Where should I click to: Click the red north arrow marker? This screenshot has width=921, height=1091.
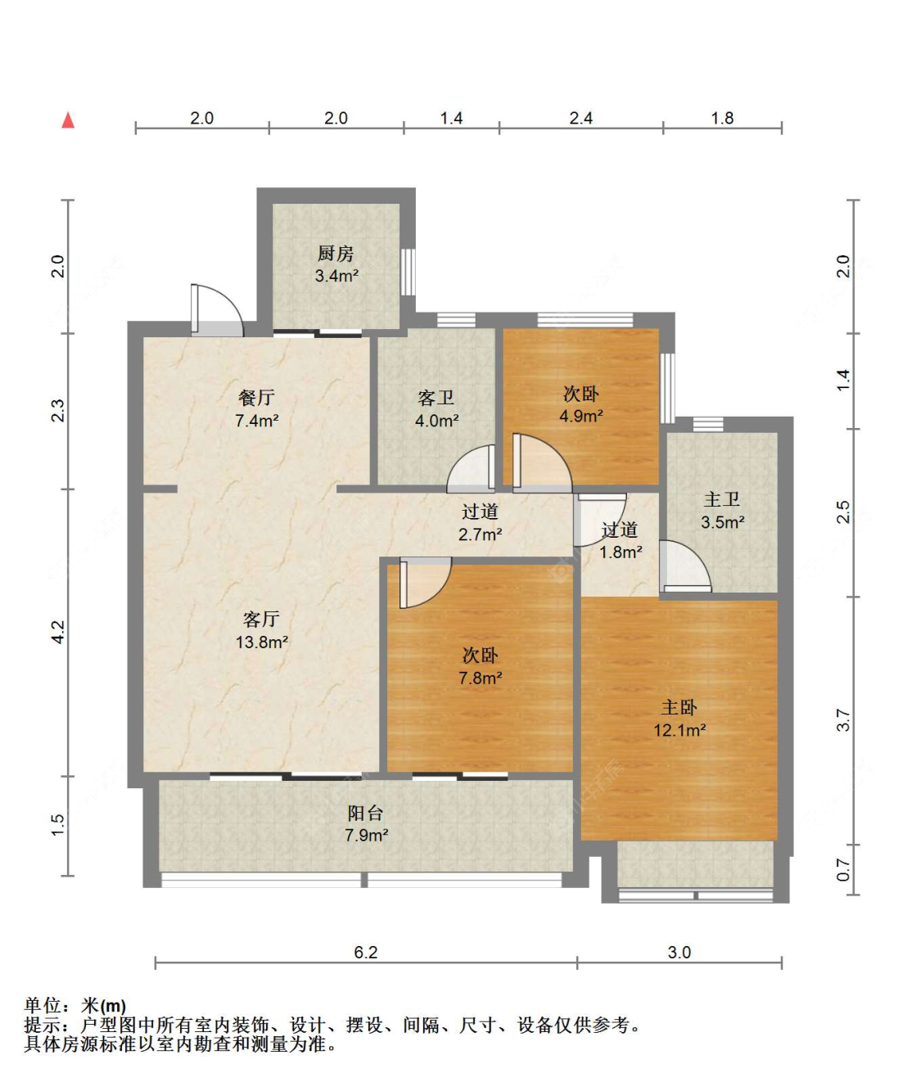click(x=68, y=119)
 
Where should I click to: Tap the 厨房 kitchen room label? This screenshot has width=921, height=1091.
click(x=336, y=254)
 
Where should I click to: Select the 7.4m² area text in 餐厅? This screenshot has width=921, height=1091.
click(x=256, y=421)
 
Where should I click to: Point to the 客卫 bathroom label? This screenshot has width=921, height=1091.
click(x=436, y=398)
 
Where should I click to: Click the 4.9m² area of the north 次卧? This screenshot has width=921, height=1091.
click(x=581, y=416)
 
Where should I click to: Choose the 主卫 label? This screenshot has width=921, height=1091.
click(x=722, y=499)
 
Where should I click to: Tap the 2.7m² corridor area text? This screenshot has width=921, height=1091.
click(x=481, y=534)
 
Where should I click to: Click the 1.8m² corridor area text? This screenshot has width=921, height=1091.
click(x=621, y=552)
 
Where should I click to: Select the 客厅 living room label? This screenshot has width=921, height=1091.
click(x=261, y=620)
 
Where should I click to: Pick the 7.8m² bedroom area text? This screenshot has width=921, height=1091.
click(x=481, y=678)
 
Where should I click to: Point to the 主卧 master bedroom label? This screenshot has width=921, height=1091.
click(x=679, y=707)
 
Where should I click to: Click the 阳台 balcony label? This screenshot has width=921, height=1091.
click(x=366, y=813)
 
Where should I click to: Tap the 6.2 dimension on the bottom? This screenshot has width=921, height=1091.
click(x=366, y=953)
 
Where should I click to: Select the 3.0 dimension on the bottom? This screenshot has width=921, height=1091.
click(x=679, y=953)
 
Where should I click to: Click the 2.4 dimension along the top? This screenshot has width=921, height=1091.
click(x=581, y=118)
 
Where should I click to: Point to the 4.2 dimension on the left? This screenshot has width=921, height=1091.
click(x=58, y=632)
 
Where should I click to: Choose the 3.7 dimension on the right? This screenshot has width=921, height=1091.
click(x=844, y=720)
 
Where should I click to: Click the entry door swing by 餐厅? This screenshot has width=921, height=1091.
click(x=217, y=309)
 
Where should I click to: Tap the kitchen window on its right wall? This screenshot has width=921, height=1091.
click(x=409, y=272)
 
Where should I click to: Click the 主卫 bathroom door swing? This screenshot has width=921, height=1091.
click(x=685, y=566)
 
